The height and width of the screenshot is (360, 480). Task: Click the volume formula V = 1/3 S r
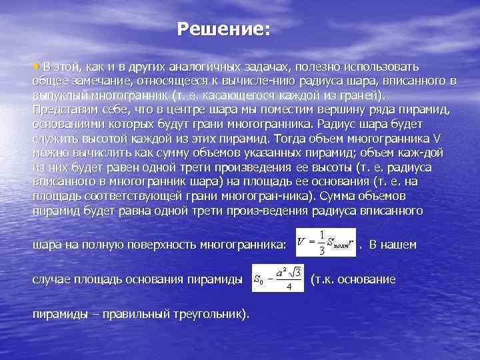pos(323,243)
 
